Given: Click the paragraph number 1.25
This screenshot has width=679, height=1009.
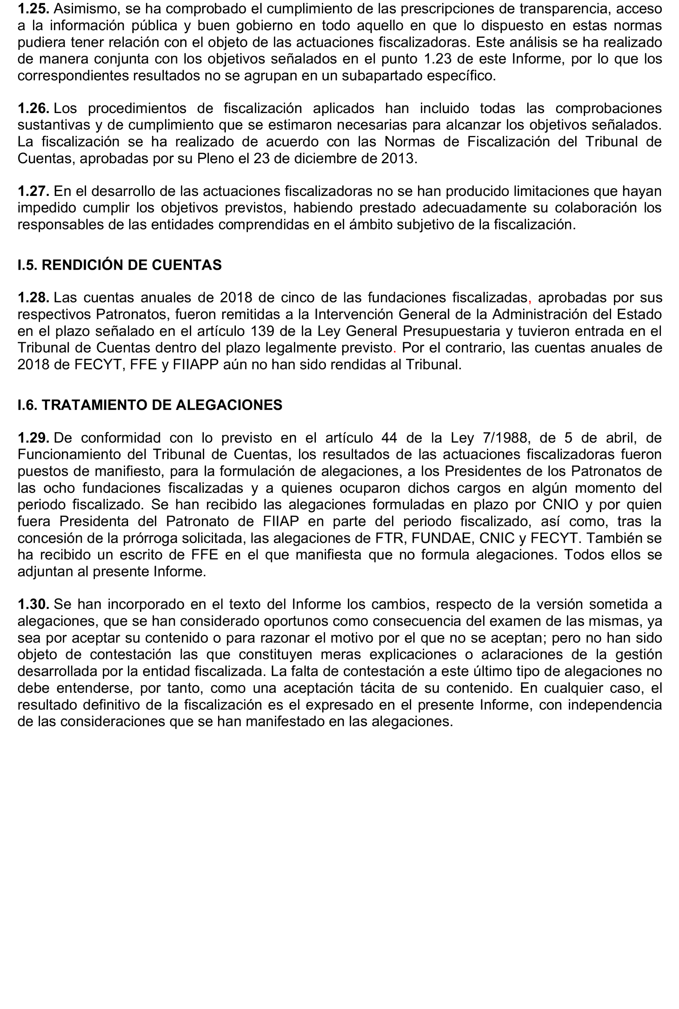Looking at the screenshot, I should pyautogui.click(x=33, y=9).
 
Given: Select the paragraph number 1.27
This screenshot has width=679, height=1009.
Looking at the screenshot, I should pyautogui.click(x=33, y=191).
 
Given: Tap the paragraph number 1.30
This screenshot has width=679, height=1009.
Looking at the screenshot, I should pyautogui.click(x=33, y=604).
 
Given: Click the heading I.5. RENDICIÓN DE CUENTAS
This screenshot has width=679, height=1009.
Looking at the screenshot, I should pyautogui.click(x=120, y=265).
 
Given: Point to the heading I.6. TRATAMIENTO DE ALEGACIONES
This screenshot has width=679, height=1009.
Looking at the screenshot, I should pyautogui.click(x=150, y=405).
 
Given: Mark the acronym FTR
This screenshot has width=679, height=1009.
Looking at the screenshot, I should pyautogui.click(x=392, y=538).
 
